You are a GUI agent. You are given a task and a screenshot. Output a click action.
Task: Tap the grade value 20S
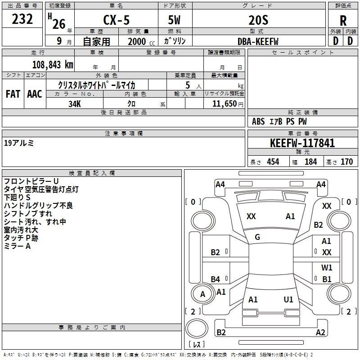click(x=258, y=21)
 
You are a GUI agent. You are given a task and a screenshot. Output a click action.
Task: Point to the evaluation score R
click(x=343, y=21)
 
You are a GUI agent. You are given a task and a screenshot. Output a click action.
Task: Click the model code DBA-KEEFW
click(x=258, y=41)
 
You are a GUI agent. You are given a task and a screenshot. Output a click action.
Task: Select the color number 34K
click(x=74, y=103)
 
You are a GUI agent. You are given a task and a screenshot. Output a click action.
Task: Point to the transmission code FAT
click(x=13, y=94)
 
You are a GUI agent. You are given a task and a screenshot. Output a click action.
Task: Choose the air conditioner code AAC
click(x=35, y=94)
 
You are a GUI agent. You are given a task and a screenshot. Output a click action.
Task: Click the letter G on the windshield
click(x=257, y=237)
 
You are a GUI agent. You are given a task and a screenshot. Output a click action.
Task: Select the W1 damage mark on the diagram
click(x=327, y=268)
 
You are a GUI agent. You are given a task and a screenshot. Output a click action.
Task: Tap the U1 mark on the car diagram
click(x=288, y=299)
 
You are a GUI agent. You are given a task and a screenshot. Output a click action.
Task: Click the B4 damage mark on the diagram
click(x=216, y=279)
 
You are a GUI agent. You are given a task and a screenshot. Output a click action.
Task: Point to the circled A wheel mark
click(x=202, y=294)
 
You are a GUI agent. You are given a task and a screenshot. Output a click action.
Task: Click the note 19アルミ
click(x=18, y=144)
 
